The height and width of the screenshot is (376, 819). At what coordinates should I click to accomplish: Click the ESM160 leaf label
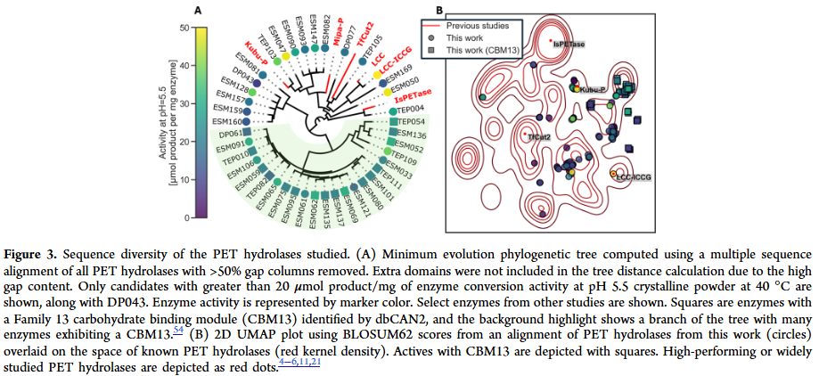pos(227,121)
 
